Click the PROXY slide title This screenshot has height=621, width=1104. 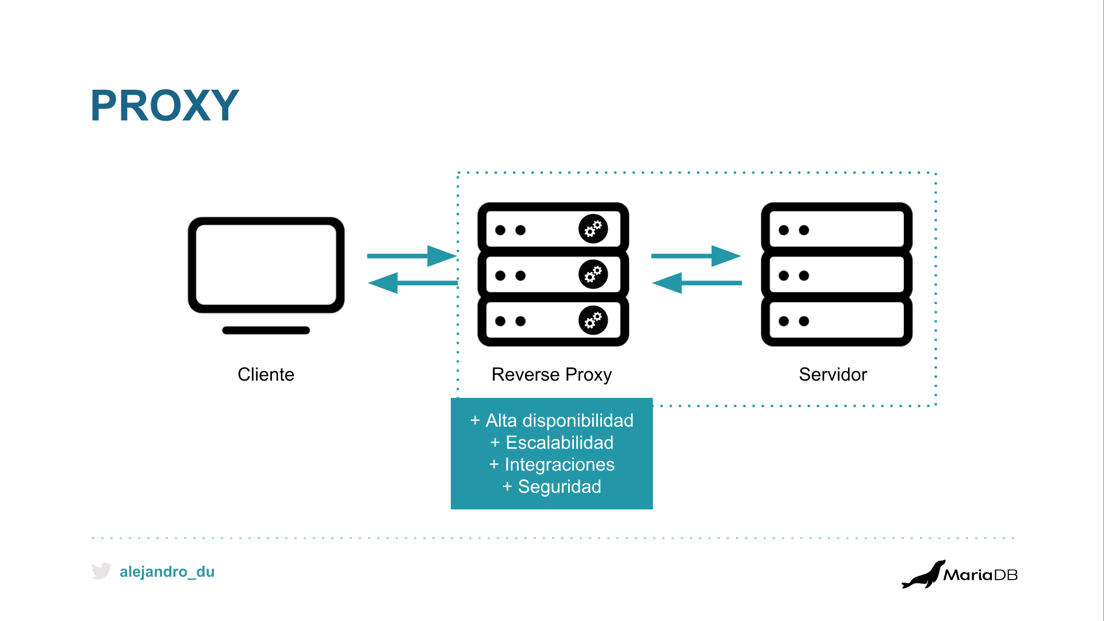coord(164,105)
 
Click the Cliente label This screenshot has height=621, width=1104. coord(266,374)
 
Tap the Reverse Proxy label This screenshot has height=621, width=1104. coord(551,375)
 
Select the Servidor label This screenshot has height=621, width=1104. coord(833,374)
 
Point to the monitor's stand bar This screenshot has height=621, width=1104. coord(266,330)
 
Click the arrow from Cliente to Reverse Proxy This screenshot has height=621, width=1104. coord(412,256)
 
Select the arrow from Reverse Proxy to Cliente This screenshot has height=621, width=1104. coord(412,283)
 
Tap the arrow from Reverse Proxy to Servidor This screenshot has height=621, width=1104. coord(696,256)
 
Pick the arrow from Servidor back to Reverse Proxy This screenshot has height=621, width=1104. coord(697,283)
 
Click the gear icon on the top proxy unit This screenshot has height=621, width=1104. coord(593,229)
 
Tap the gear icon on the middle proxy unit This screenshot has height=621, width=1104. coord(593,274)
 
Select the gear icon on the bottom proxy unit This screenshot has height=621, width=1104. coord(593,320)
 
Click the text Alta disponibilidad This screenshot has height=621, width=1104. coord(559,421)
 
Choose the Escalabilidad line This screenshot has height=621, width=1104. coord(559,443)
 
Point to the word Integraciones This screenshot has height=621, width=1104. coord(559,465)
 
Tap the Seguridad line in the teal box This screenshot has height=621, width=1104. coord(559,487)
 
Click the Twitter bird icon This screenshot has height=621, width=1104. coord(101,571)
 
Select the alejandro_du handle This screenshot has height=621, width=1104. coord(167,572)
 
